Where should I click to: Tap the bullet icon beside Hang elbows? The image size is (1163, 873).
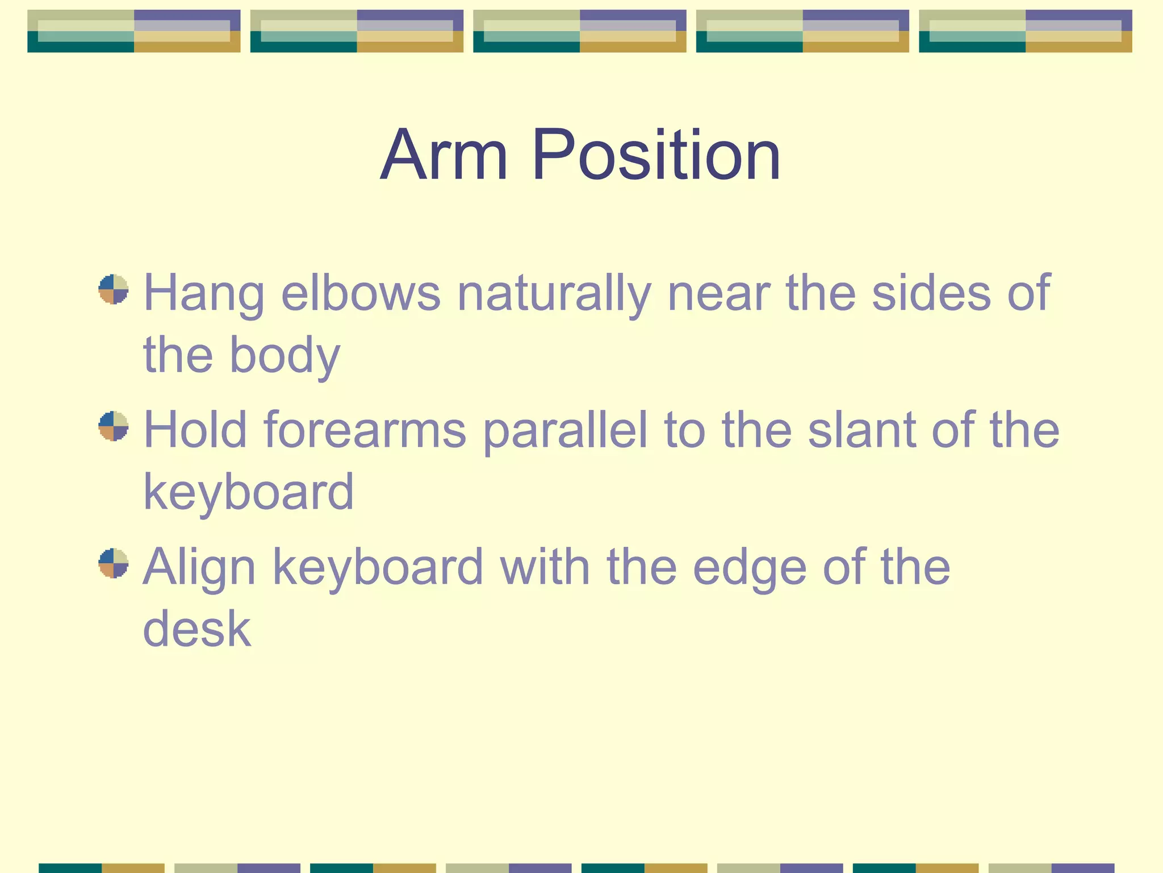(x=113, y=289)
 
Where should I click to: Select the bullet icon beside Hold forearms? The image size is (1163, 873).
(x=113, y=426)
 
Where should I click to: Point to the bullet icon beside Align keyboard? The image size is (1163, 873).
(x=113, y=563)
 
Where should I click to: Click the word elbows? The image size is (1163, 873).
(x=361, y=293)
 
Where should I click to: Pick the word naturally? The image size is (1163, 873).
(x=554, y=293)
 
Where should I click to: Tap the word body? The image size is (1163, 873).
(x=285, y=355)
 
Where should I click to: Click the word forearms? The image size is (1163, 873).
(x=365, y=430)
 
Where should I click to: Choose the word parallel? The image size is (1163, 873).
(x=565, y=430)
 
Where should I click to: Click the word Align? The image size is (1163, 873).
(x=199, y=567)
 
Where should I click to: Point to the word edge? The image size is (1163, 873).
(x=749, y=567)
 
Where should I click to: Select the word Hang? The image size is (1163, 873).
(x=204, y=293)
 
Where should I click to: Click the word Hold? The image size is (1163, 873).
(x=195, y=430)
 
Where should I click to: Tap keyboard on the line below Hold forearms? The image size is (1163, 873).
(x=248, y=492)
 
